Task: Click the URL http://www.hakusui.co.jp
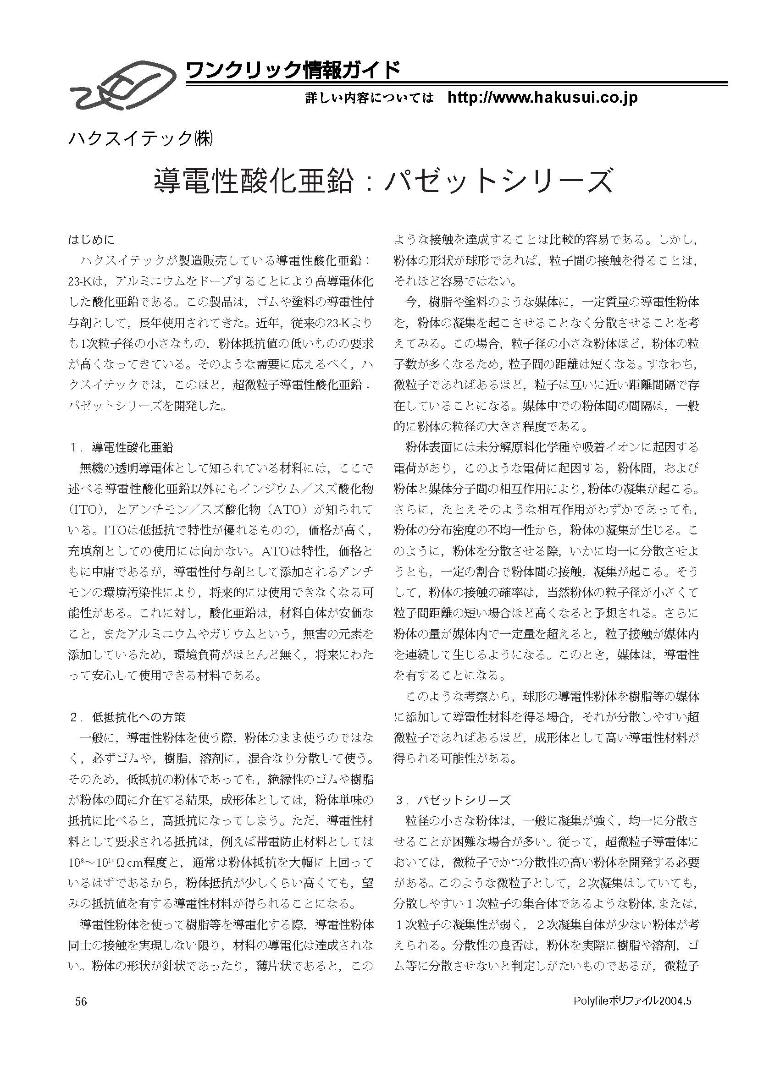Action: pos(542,98)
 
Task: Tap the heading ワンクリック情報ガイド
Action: pos(293,71)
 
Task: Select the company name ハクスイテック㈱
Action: pos(141,139)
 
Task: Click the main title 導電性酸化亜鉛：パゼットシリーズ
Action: pos(382,181)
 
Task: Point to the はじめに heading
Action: pos(92,240)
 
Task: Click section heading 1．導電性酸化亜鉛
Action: pos(122,447)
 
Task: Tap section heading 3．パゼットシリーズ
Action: pos(453,800)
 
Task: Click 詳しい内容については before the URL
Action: pos(370,99)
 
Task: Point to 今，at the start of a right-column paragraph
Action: pos(413,302)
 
